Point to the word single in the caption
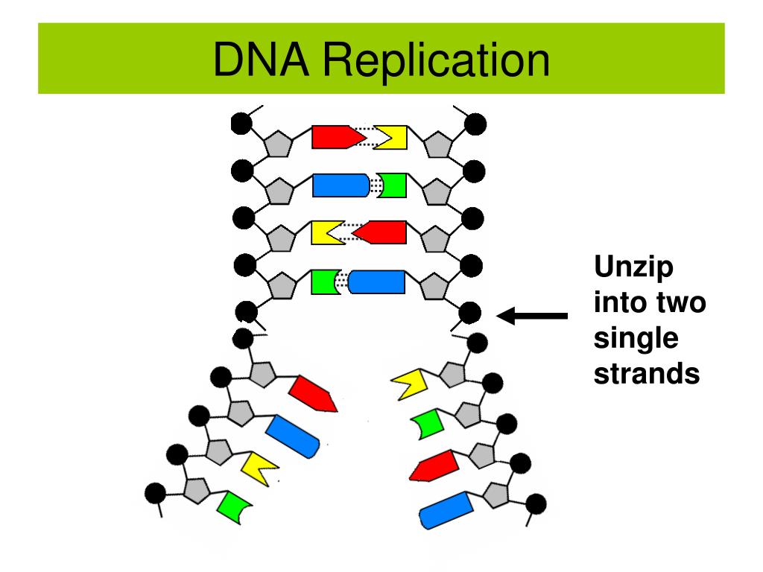(636, 339)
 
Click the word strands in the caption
(647, 374)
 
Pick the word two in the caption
(680, 303)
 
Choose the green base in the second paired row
(393, 185)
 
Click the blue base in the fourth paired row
(377, 282)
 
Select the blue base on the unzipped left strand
(293, 435)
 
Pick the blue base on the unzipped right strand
(446, 509)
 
